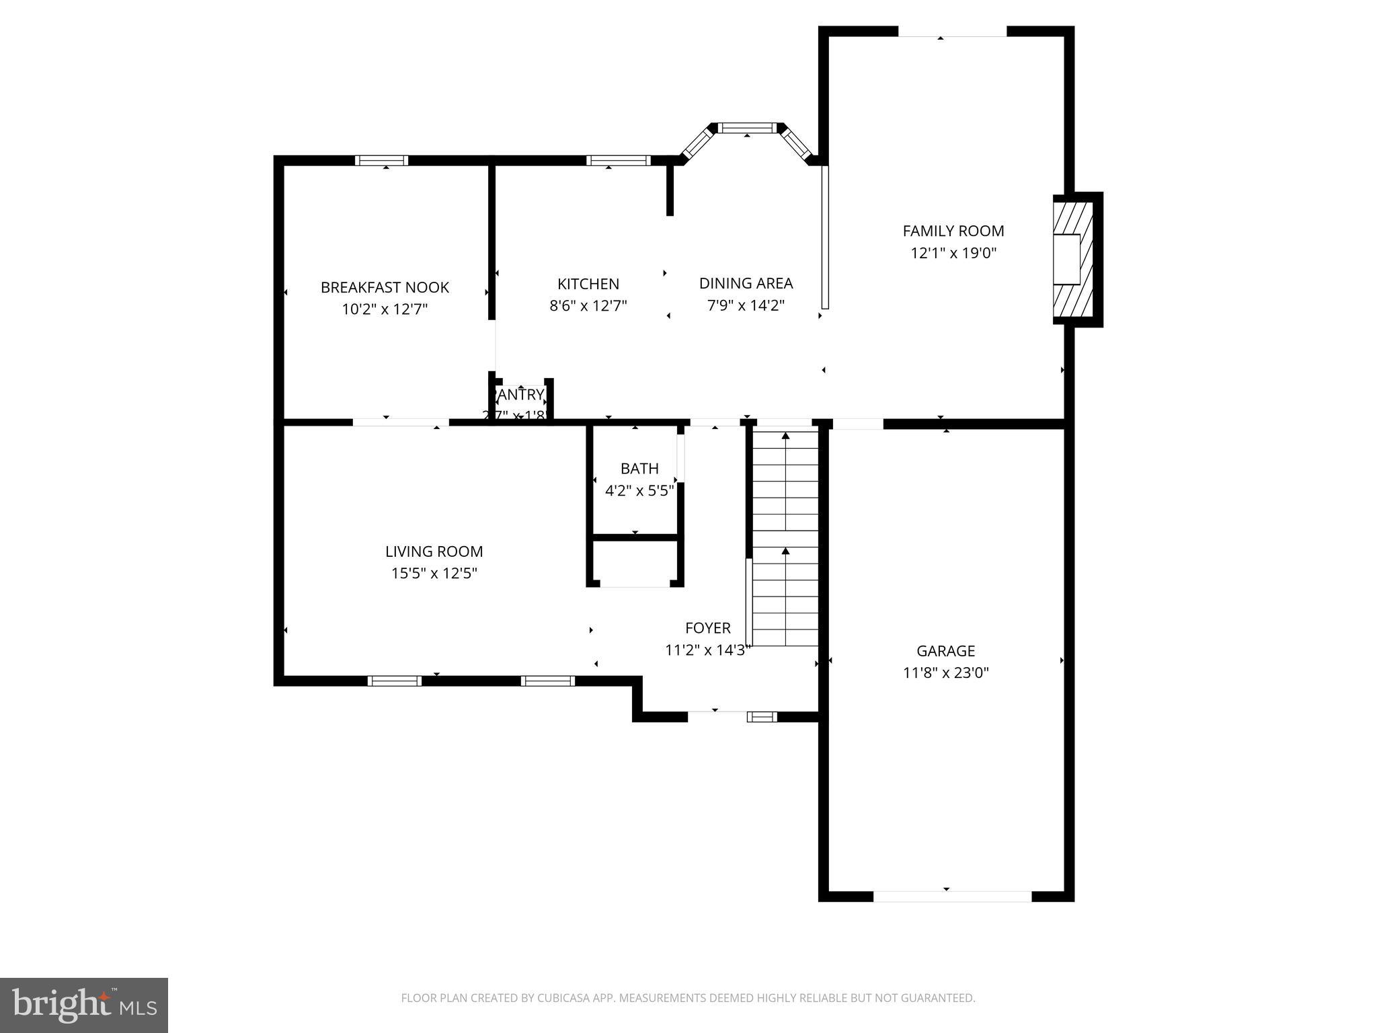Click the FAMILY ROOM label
coord(953,231)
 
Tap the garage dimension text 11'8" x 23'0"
coord(945,673)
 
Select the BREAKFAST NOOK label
coord(385,288)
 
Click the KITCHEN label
coord(588,284)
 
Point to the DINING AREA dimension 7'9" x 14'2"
coord(746,305)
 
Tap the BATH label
coord(639,469)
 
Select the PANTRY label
coord(519,395)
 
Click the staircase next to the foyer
coord(785,538)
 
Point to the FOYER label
coord(707,628)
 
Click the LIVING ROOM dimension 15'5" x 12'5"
coord(434,574)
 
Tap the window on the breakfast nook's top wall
coord(381,161)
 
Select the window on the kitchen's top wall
coord(618,161)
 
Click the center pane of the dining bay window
coord(747,128)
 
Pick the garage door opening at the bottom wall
coord(951,896)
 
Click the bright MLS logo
coord(83,1005)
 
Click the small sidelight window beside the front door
coord(762,717)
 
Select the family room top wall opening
coord(952,32)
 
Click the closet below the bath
coord(635,562)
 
